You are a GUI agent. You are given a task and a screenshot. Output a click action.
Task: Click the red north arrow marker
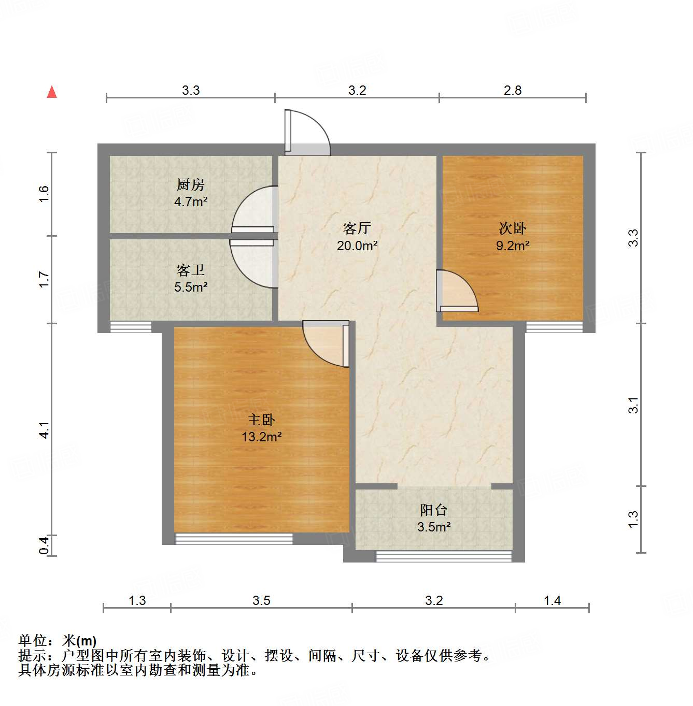(x=52, y=92)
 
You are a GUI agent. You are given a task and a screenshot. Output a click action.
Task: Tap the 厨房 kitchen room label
(x=191, y=184)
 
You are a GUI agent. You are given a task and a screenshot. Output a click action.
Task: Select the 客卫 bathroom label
(x=191, y=270)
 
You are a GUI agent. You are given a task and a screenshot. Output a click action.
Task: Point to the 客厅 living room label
(x=357, y=228)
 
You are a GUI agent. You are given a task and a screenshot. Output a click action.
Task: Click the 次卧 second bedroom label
(x=513, y=228)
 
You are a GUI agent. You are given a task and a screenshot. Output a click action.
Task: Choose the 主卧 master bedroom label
(x=261, y=419)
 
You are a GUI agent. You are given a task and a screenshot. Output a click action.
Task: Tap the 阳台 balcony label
(x=434, y=510)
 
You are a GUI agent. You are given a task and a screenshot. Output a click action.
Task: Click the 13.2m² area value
(x=261, y=437)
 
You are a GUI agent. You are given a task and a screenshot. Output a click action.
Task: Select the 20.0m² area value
(x=357, y=246)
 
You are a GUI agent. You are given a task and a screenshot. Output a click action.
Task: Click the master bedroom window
(x=234, y=539)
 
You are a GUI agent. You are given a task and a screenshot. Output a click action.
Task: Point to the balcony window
(x=443, y=556)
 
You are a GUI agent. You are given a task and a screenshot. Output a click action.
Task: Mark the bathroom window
(x=131, y=327)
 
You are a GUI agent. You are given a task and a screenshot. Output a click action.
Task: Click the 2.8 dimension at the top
(x=513, y=90)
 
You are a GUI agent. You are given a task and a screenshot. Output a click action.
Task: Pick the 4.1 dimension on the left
(x=45, y=430)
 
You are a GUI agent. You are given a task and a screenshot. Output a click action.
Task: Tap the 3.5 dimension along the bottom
(x=261, y=600)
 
